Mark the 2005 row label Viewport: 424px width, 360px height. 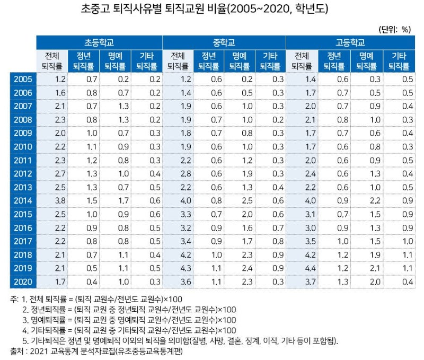[x=22, y=79]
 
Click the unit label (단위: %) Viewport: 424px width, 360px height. [x=395, y=29]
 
